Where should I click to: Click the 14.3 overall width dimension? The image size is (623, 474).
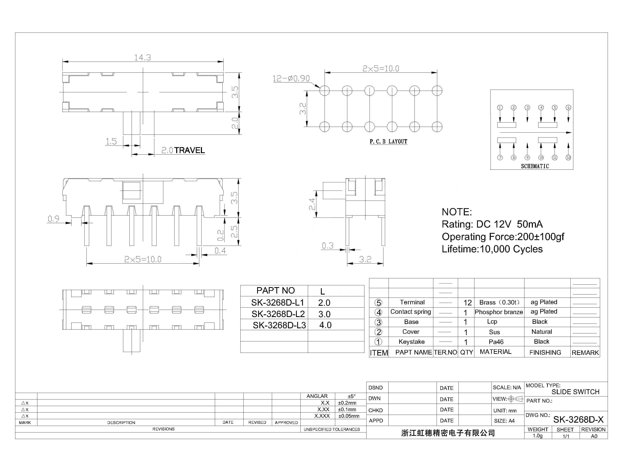[x=143, y=58]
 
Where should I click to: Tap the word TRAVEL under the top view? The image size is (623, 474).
[x=189, y=150]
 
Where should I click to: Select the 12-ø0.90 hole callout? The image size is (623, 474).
[x=291, y=78]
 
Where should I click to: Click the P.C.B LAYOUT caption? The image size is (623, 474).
[x=388, y=142]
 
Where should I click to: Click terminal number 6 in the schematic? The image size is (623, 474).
[x=568, y=107]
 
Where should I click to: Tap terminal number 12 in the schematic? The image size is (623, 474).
[x=568, y=158]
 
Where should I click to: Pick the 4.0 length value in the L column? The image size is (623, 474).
[x=325, y=325]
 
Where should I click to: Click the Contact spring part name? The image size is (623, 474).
[x=411, y=312]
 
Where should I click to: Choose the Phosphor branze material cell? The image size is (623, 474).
[x=499, y=312]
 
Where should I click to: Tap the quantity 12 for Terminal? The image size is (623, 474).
[x=467, y=303]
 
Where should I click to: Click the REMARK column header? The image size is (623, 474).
[x=585, y=353]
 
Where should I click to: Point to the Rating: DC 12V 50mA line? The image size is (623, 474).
[x=492, y=224]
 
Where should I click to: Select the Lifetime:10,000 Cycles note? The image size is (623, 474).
[x=492, y=249]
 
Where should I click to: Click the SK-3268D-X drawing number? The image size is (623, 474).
[x=578, y=420]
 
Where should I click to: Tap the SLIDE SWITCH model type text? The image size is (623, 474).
[x=575, y=392]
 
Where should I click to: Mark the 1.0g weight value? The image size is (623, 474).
[x=537, y=436]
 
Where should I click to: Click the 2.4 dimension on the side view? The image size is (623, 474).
[x=312, y=204]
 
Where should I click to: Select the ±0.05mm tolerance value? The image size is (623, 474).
[x=349, y=416]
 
